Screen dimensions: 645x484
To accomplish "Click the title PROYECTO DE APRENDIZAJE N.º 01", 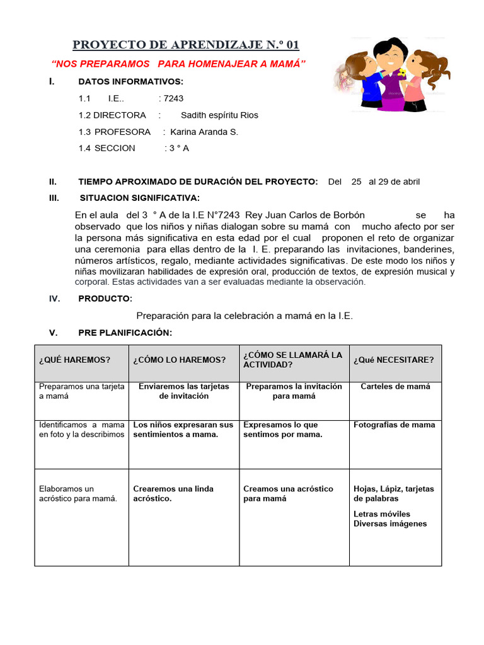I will (186, 45).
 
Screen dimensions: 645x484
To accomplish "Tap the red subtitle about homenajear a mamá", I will (178, 64).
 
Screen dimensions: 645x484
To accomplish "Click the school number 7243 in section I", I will (173, 98).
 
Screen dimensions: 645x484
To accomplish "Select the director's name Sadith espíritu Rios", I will (219, 115).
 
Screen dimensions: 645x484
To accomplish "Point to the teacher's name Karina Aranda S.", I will (204, 132).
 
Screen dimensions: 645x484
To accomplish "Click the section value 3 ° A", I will (178, 148).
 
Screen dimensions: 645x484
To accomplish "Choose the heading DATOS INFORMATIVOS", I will (130, 82).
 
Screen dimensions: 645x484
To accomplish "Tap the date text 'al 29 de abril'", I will (394, 181).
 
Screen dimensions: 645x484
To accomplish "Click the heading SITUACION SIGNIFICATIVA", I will (139, 198).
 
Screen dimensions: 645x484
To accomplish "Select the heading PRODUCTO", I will (105, 299).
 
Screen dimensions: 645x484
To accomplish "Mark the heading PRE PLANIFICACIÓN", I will (125, 333).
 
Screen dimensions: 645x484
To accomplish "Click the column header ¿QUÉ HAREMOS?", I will (74, 360).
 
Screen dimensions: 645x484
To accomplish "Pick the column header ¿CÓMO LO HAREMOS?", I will (179, 360).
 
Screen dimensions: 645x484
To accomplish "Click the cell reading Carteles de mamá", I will (395, 387).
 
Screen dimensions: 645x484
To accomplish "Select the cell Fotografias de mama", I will (394, 425).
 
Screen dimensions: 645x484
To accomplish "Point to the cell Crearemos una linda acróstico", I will (173, 493).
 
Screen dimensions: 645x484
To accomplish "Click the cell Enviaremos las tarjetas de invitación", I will (183, 391).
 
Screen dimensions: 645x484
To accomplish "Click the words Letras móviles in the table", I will (382, 514).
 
